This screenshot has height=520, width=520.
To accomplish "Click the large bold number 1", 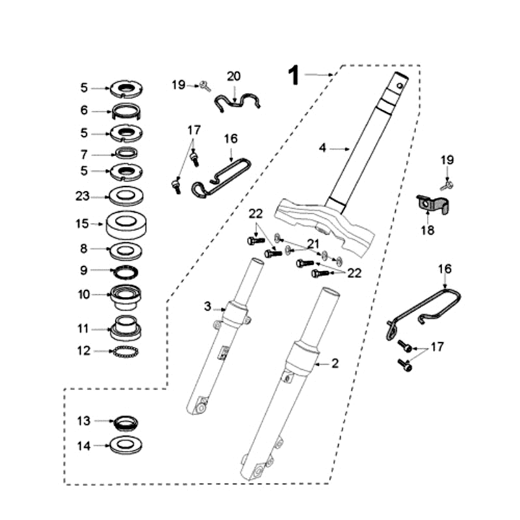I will click(x=294, y=75).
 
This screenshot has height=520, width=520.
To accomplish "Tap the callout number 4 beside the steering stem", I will click(x=322, y=148).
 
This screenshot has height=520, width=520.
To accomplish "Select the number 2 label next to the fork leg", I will click(x=335, y=364).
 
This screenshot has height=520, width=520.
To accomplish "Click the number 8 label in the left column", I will click(x=84, y=248).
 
